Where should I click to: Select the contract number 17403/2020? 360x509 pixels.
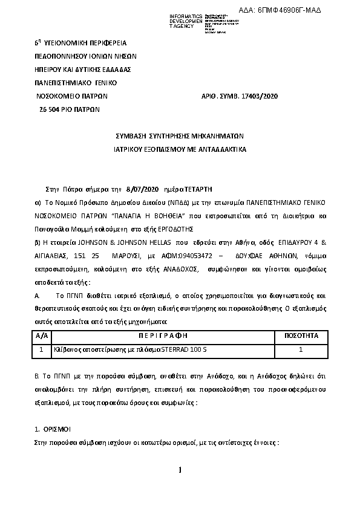click(x=257, y=96)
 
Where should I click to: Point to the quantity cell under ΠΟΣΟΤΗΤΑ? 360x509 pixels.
click(x=301, y=349)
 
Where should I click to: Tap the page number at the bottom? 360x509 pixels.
click(x=180, y=470)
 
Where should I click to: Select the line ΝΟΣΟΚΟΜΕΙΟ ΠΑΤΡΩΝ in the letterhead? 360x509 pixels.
click(x=72, y=96)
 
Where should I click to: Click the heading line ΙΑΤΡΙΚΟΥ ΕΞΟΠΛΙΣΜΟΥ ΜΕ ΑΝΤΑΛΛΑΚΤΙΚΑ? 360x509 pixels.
click(x=179, y=148)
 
